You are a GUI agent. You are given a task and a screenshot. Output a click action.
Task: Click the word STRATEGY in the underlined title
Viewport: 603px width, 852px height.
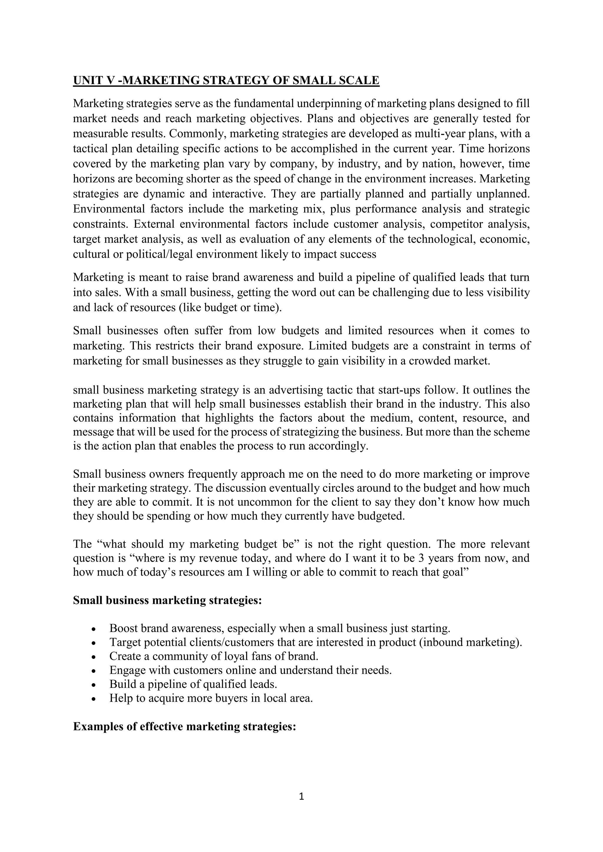[236, 81]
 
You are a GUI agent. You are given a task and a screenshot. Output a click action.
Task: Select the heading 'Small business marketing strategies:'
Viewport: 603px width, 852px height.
[168, 600]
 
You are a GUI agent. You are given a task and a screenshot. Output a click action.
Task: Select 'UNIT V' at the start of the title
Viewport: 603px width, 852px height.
[94, 81]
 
